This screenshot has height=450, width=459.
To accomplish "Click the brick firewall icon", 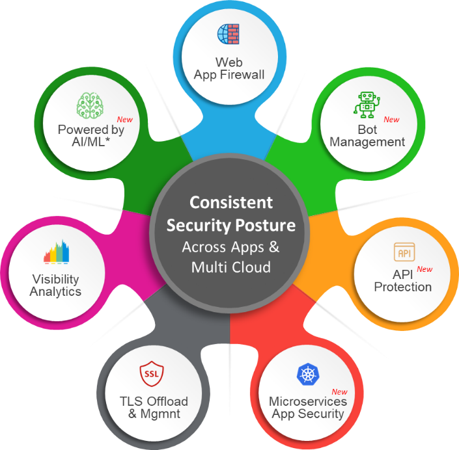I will (229, 34).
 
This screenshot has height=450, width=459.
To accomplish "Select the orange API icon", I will (404, 251).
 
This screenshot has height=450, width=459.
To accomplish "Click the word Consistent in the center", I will (231, 202).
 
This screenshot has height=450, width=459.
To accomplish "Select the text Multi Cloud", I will (231, 267).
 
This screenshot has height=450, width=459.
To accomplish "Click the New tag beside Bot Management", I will (391, 120).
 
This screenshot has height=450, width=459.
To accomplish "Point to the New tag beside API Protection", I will (424, 269).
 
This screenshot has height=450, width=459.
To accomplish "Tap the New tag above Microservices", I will (339, 391).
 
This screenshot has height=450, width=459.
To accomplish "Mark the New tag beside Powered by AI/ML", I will (124, 120).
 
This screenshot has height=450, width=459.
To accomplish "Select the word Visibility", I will (56, 279).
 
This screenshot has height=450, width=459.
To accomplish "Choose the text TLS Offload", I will (154, 401).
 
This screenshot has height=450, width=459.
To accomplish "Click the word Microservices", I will (308, 401).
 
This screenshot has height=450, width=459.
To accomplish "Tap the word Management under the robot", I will (368, 142).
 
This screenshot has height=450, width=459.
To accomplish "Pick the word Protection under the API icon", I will (403, 287).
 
